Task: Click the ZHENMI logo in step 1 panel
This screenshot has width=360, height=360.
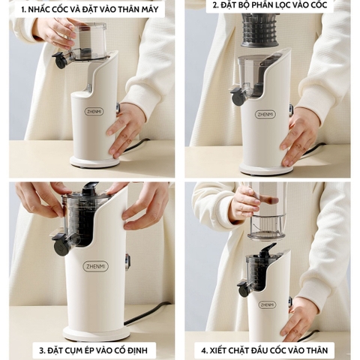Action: [94, 112]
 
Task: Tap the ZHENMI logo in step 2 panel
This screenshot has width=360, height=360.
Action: [265, 115]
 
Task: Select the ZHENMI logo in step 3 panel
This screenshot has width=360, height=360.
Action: [96, 266]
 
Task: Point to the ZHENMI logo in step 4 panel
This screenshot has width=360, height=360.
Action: [267, 304]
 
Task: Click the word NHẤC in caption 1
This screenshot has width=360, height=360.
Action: [37, 10]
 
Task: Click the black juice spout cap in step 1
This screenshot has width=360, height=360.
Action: [60, 60]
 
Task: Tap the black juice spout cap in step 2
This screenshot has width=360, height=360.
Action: [238, 96]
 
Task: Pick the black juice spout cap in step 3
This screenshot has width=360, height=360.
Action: [61, 245]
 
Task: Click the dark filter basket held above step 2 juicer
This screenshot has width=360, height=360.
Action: [259, 30]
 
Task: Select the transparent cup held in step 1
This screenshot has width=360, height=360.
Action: [88, 40]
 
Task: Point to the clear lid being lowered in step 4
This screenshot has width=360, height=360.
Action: [266, 227]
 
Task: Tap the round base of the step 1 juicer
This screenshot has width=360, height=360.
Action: [94, 162]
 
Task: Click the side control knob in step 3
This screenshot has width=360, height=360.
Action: [127, 262]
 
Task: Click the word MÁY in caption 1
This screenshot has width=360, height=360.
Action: [150, 10]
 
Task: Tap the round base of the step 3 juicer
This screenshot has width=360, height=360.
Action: [96, 333]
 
